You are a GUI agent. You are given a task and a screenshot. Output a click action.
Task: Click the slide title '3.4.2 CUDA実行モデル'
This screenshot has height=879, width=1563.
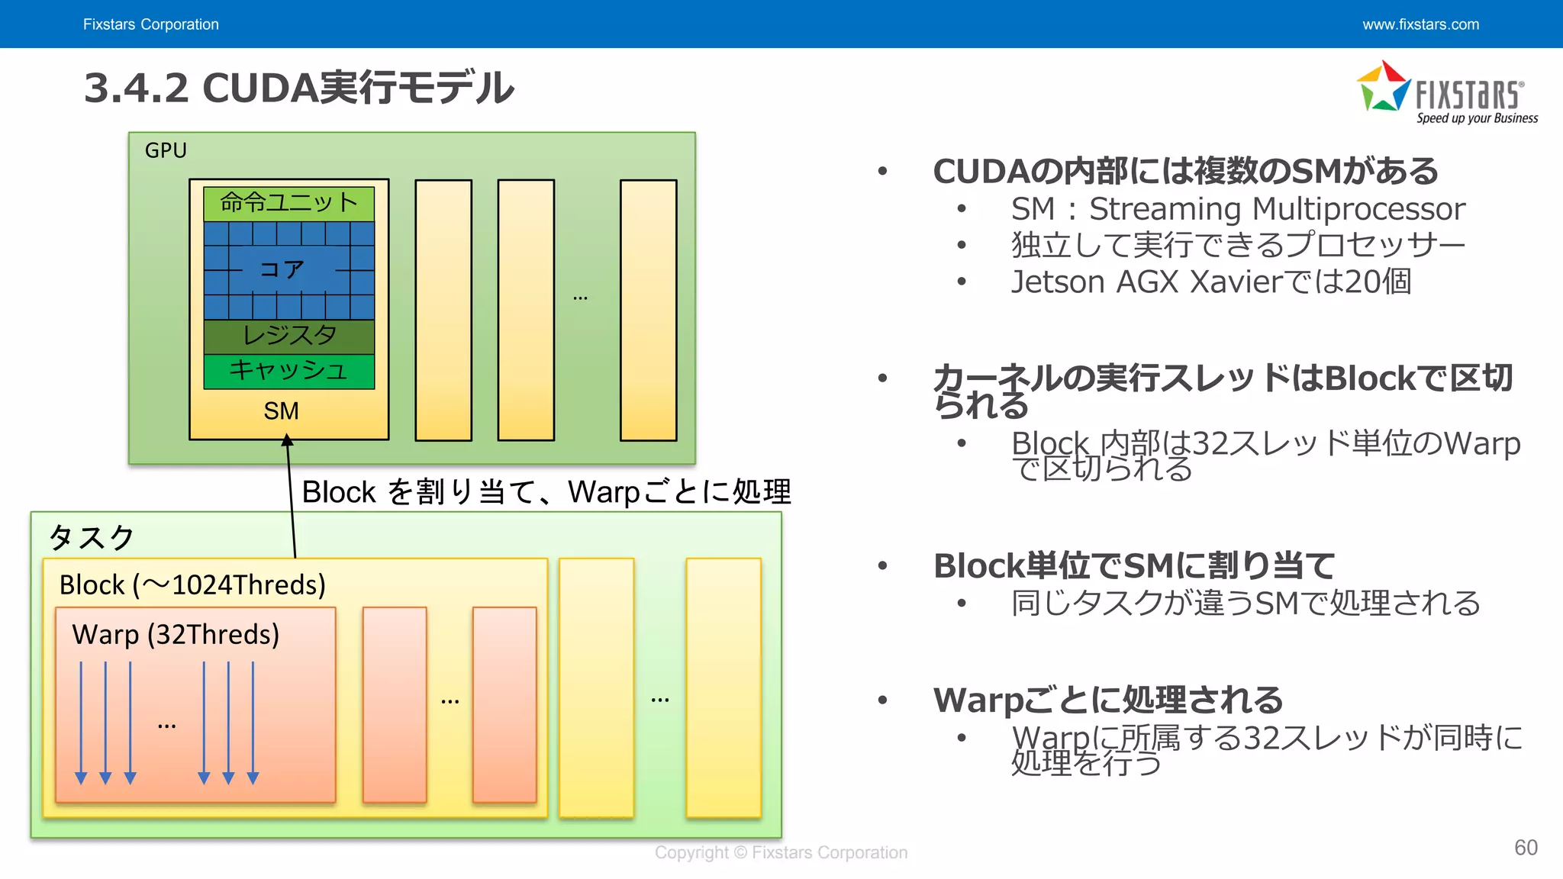coord(298,88)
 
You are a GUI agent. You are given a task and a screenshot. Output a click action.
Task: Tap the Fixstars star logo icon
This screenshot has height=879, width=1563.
coord(1383,88)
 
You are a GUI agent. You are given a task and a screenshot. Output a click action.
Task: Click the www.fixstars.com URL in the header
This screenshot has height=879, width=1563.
coord(1420,24)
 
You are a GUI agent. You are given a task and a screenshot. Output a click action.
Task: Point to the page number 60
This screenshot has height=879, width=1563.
coord(1526,848)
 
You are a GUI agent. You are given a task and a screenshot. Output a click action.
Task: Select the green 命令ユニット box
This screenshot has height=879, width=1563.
coord(288,203)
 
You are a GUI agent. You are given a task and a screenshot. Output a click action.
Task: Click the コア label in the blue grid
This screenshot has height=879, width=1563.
coord(282,269)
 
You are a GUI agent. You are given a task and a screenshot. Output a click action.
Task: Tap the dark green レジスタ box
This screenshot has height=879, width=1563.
coord(288,336)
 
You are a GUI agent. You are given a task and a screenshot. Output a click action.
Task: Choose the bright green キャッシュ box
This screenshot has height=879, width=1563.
coord(288,371)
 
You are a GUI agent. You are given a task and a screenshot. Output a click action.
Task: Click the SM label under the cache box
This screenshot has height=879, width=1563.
coord(281,411)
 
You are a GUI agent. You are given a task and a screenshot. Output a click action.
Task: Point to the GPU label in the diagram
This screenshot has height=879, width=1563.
coord(166,150)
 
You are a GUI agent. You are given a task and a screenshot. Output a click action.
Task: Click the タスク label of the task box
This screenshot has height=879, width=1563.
coord(92,538)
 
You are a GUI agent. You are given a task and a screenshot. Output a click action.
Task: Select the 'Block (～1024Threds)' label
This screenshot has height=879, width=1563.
coord(192,585)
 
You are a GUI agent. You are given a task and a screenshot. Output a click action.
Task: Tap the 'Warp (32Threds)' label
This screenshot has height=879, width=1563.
coord(176,635)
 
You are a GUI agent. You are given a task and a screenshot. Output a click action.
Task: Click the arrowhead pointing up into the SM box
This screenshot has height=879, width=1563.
coord(287,440)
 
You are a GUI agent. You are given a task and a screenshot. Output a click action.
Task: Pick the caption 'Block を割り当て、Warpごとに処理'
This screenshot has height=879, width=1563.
coord(546,492)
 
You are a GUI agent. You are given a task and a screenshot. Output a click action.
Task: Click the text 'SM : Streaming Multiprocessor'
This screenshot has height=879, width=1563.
coord(1238,209)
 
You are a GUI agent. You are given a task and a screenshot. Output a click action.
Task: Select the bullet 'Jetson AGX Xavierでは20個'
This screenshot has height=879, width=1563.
coord(1211,282)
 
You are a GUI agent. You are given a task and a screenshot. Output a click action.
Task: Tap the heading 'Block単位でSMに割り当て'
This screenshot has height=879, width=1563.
coord(1134,566)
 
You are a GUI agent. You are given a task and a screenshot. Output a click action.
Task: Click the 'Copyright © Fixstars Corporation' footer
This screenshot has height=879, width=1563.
coord(781,852)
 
